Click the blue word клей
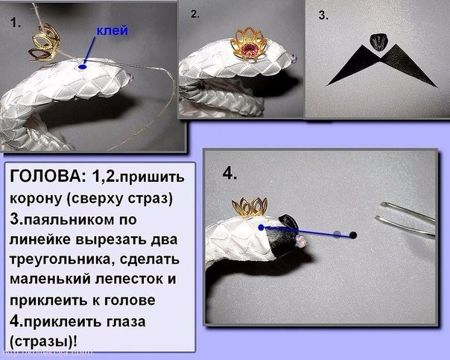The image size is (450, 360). (112, 31)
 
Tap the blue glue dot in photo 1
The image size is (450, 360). (83, 67)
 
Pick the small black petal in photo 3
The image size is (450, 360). (378, 42)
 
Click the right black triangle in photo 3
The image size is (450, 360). (408, 66)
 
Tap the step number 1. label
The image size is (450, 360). (16, 22)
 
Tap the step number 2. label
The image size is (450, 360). (195, 14)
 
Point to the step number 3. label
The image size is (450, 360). (323, 15)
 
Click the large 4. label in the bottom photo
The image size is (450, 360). (229, 174)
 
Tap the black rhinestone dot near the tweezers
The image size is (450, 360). (353, 236)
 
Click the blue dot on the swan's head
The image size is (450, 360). (261, 227)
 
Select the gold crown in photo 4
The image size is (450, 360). (250, 207)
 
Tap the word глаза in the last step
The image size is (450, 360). (126, 322)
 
